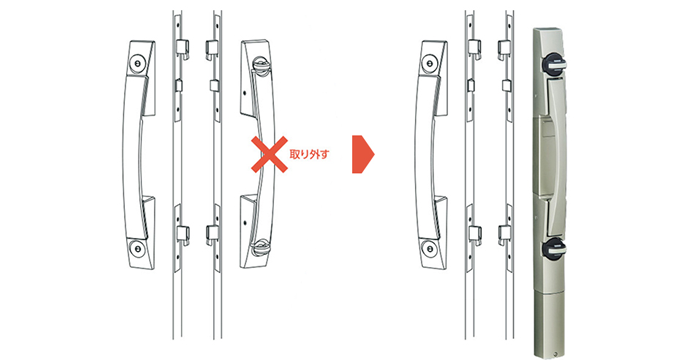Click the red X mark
(269, 154)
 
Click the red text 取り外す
(309, 155)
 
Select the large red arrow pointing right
(363, 154)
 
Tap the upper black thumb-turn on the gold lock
(553, 65)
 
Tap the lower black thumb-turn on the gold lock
(554, 249)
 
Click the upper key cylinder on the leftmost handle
(137, 64)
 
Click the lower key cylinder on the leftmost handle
(137, 248)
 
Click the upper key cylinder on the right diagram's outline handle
(429, 64)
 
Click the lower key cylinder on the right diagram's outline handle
(429, 248)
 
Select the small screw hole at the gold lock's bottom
(555, 355)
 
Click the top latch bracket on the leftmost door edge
(182, 48)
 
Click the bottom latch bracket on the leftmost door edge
(183, 235)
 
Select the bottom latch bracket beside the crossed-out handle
(212, 235)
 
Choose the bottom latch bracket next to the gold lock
(504, 235)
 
